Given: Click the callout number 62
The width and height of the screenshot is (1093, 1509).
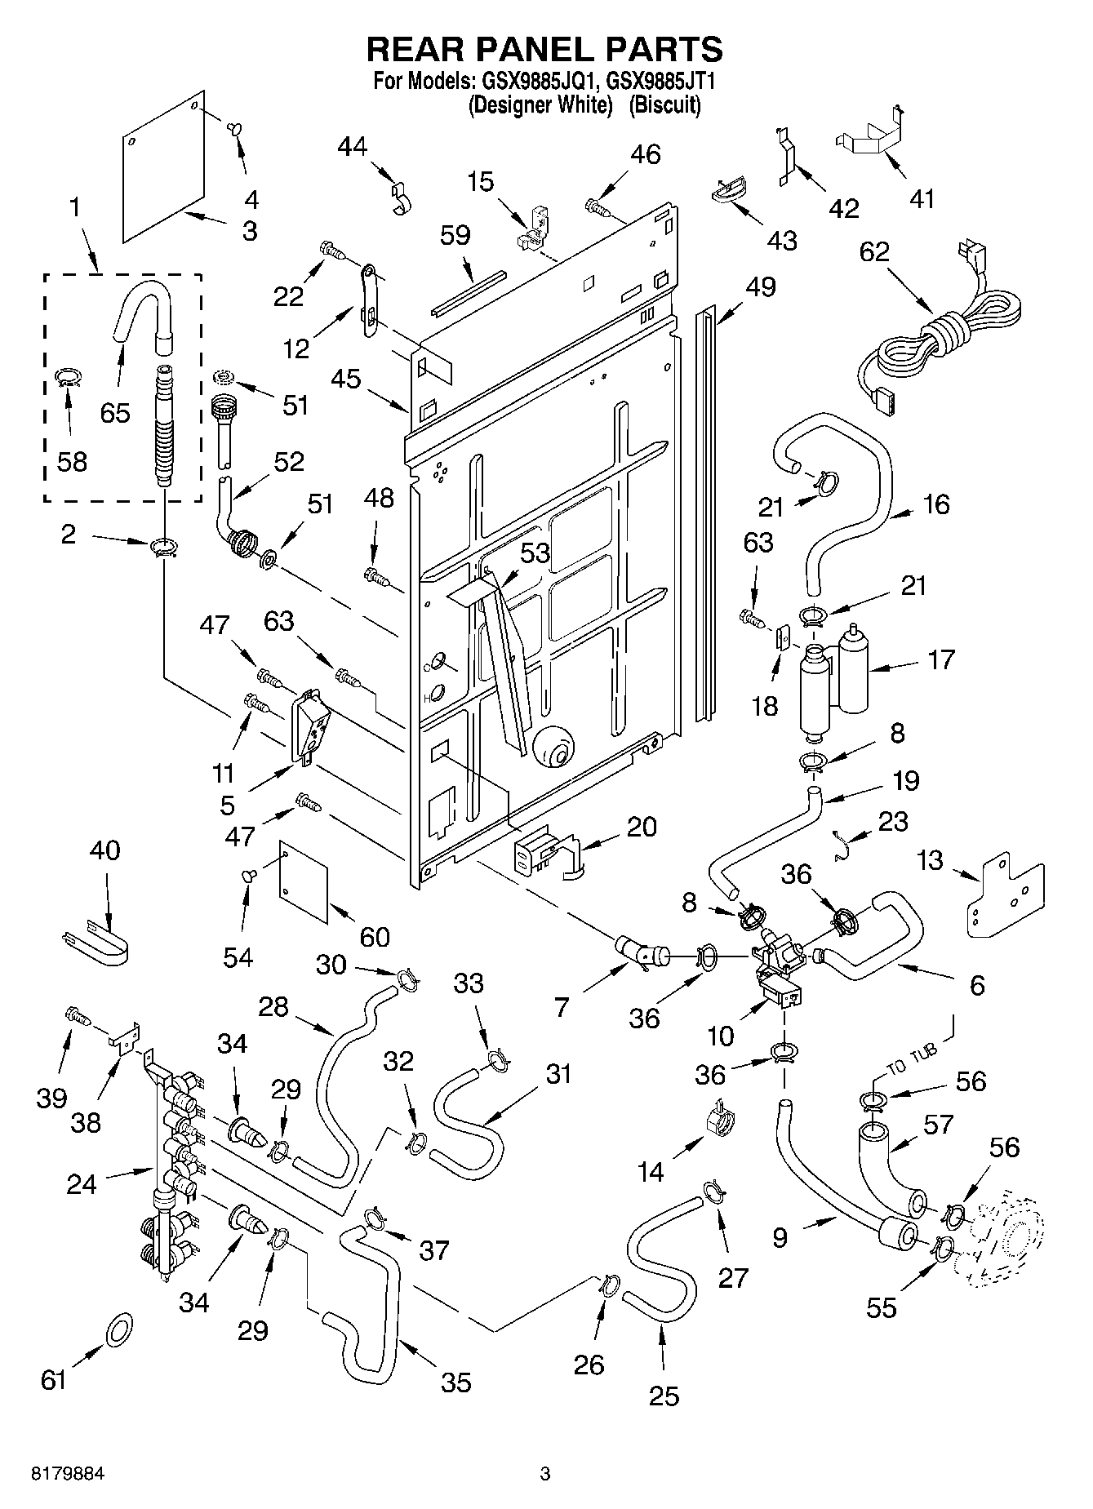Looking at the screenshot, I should [874, 251].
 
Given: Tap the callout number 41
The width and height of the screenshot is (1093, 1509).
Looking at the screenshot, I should [922, 198].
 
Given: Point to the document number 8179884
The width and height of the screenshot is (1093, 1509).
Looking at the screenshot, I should [68, 1474].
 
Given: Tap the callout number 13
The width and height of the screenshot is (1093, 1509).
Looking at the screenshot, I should [930, 860].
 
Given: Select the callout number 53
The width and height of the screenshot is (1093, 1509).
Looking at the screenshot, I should [535, 553].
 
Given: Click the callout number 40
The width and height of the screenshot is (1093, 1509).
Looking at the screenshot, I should [104, 850].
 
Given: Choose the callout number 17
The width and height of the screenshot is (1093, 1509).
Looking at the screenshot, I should [941, 659].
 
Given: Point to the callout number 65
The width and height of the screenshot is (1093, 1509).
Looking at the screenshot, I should [115, 413].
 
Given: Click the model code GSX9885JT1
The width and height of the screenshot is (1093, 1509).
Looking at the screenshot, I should [660, 82].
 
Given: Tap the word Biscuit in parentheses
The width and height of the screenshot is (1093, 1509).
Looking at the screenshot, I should [664, 105].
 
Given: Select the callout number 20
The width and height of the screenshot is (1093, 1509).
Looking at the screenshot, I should [642, 827].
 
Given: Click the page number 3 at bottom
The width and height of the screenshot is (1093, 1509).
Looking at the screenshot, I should [545, 1474].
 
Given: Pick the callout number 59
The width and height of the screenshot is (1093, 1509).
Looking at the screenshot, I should [455, 235].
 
